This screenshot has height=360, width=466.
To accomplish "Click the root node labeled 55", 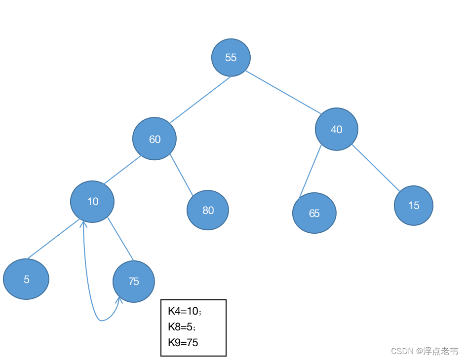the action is click(x=231, y=58).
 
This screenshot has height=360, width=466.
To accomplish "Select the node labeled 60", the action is click(x=155, y=139).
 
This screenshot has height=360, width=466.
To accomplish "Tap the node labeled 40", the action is click(x=337, y=129).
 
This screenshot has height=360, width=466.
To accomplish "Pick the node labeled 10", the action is click(x=92, y=202).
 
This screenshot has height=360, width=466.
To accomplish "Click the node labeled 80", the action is click(x=208, y=210).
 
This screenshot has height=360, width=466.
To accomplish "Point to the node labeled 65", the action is click(x=314, y=213).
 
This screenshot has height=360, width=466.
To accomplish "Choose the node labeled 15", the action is click(x=413, y=205).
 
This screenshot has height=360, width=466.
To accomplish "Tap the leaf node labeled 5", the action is click(x=26, y=279).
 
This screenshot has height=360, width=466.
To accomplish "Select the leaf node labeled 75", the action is click(x=134, y=282).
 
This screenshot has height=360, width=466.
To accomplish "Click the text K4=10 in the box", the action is click(x=183, y=311).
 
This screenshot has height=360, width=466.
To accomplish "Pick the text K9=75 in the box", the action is click(x=183, y=342).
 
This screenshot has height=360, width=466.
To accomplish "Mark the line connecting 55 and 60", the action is click(x=200, y=100).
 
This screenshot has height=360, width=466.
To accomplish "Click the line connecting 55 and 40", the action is click(x=283, y=92).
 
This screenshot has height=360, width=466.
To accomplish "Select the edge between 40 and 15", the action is click(x=376, y=168).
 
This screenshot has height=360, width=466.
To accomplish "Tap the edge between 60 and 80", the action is click(x=181, y=175).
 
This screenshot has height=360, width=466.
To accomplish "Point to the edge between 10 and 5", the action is click(x=53, y=239).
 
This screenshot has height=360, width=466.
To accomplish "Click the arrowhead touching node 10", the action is click(x=83, y=224).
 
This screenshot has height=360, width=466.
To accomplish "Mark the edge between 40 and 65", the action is click(x=310, y=171).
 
